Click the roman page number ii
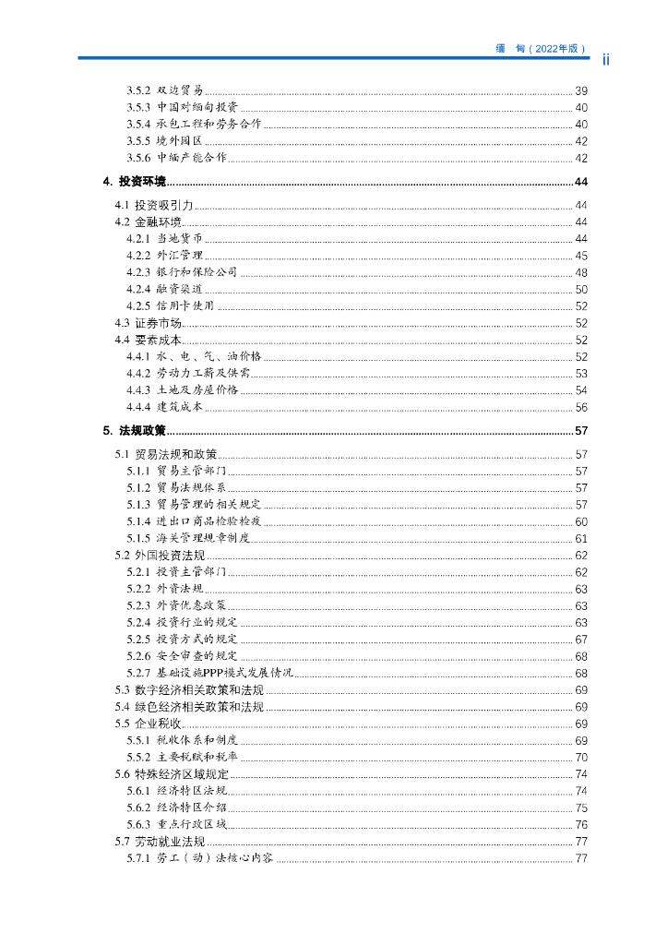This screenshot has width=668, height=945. [x=607, y=60]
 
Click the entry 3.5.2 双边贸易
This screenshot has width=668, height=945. [x=164, y=90]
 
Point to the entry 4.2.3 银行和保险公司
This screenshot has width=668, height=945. [x=182, y=272]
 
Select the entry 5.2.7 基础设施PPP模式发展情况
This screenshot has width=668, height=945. [x=209, y=673]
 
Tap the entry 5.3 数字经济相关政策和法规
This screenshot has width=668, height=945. [x=189, y=690]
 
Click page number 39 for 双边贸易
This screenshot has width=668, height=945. [x=581, y=90]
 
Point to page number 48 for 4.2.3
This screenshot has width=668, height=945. [x=581, y=272]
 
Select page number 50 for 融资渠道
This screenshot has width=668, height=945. [x=581, y=289]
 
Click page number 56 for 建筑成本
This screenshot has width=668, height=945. [x=581, y=407]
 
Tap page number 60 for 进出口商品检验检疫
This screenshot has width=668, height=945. [x=581, y=521]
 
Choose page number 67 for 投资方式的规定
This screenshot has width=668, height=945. [x=581, y=640]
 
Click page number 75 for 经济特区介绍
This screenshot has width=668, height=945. [x=581, y=807]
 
